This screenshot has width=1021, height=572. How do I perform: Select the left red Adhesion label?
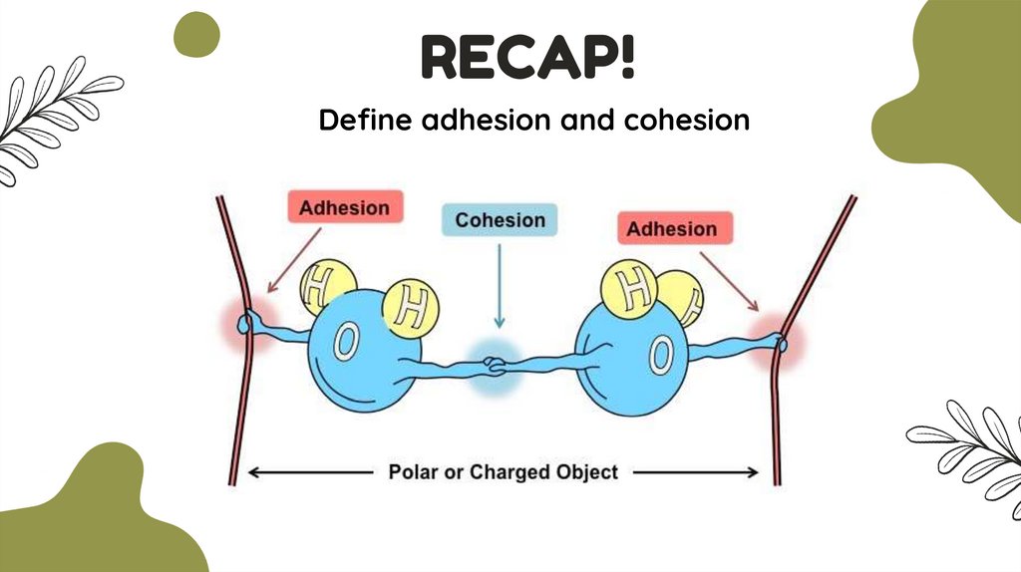[345, 207]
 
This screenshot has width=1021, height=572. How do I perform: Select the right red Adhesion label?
[671, 228]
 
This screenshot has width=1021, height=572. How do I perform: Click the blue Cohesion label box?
[500, 220]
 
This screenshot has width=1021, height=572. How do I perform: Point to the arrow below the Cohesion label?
[500, 289]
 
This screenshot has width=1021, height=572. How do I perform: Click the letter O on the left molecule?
[345, 342]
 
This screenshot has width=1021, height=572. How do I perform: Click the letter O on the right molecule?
[660, 352]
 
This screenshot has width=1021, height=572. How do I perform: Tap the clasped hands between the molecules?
[496, 364]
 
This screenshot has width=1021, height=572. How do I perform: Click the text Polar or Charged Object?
[503, 471]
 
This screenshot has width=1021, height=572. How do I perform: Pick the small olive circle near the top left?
[196, 35]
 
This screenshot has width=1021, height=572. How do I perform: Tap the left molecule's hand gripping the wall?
[248, 320]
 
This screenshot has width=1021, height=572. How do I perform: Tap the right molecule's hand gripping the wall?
[782, 344]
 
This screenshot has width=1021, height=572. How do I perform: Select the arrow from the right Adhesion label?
[730, 278]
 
